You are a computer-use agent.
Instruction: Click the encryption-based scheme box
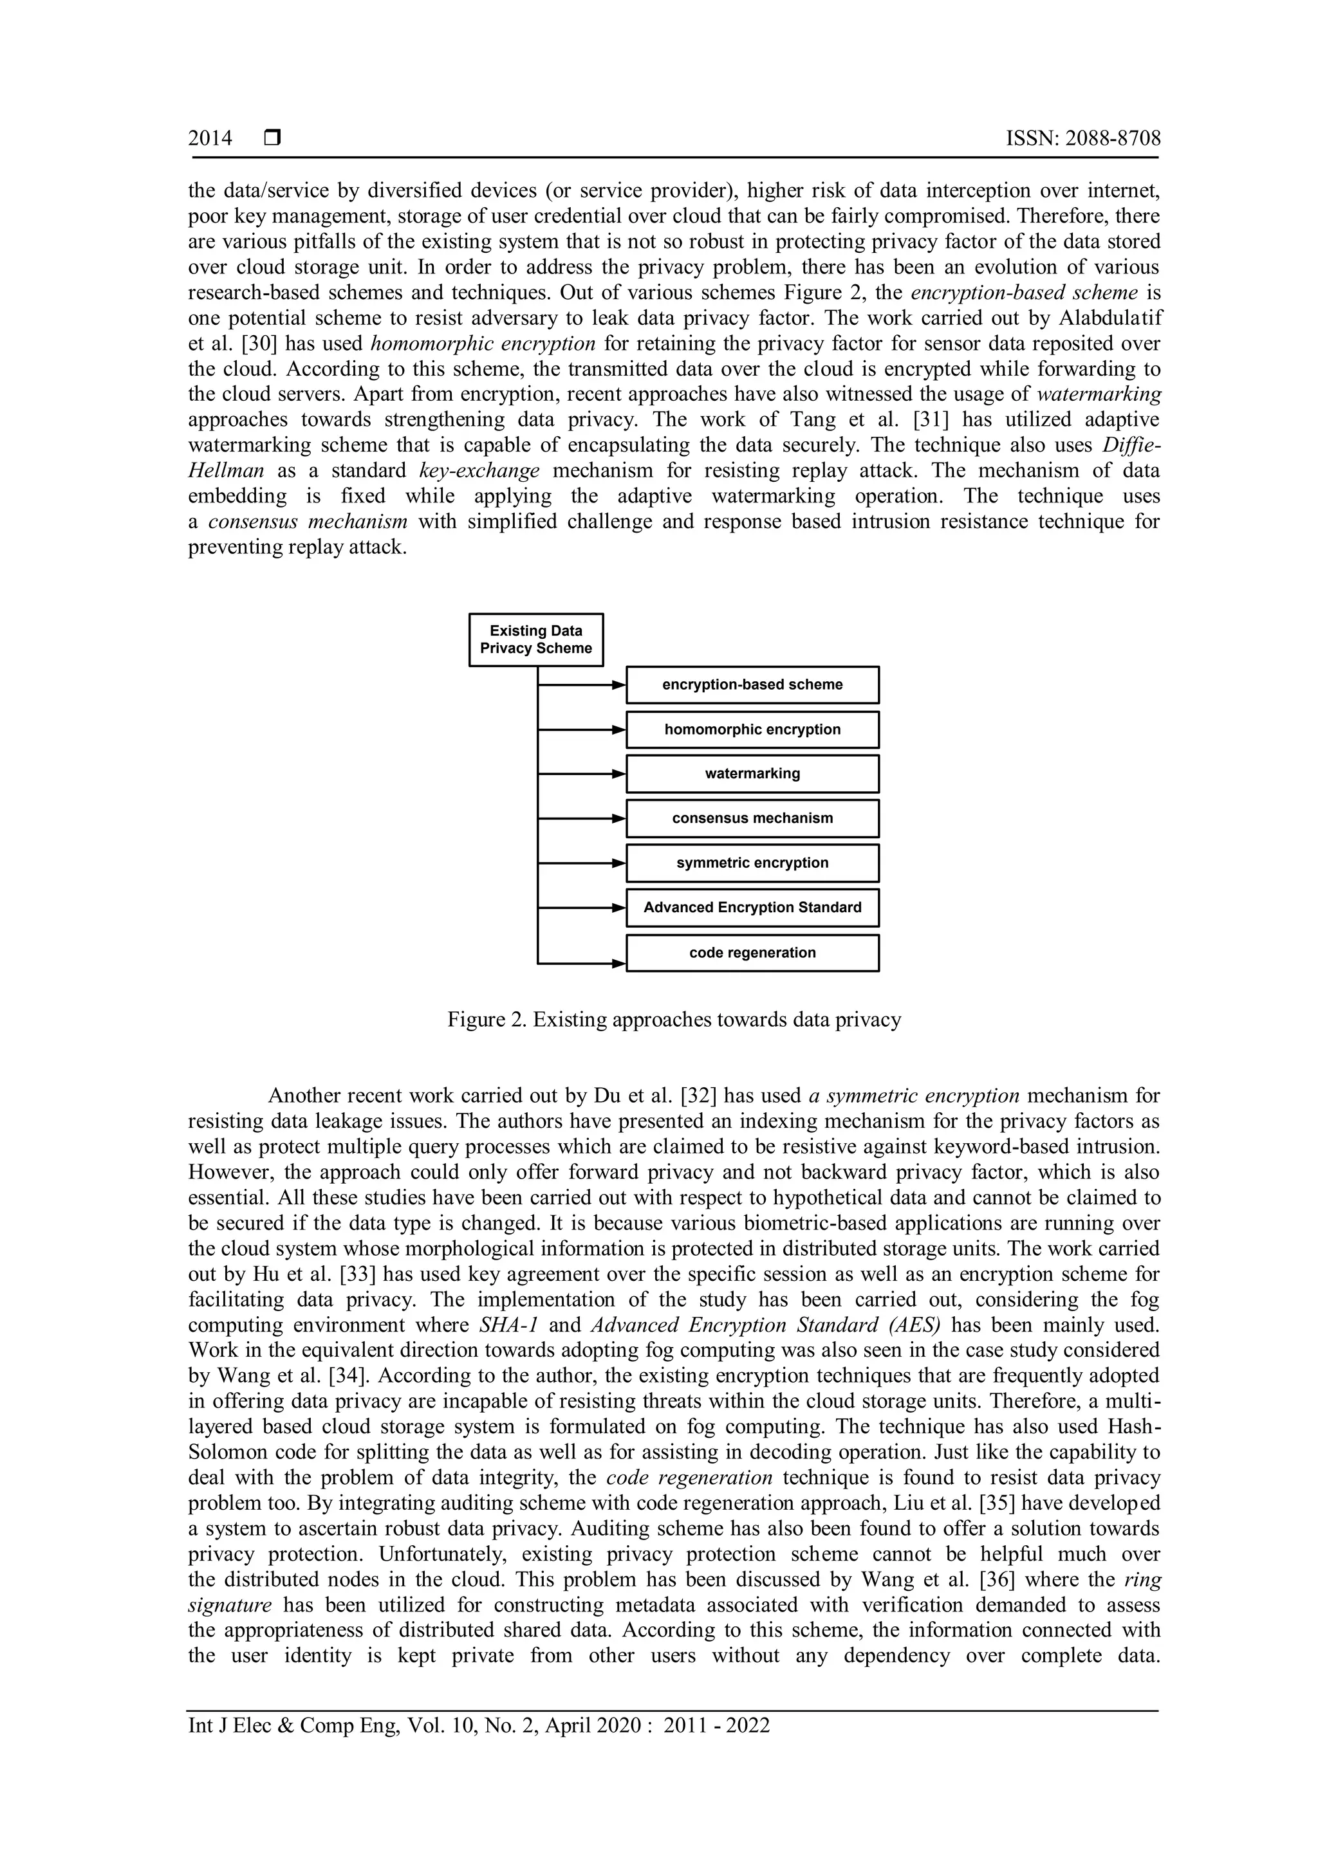click(752, 685)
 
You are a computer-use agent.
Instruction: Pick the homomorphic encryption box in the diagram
click(752, 730)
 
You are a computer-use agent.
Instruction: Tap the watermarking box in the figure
click(752, 774)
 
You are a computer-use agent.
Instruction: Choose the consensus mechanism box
click(752, 819)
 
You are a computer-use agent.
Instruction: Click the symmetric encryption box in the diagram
click(752, 863)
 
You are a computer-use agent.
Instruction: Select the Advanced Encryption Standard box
click(752, 908)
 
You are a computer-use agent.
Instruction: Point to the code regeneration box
click(752, 953)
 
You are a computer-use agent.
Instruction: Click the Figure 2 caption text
click(674, 1020)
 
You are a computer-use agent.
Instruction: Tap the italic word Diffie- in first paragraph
click(1131, 445)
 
